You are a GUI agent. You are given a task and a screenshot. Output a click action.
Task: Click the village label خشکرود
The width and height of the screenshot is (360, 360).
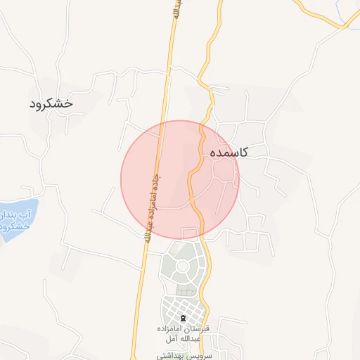point(51,103)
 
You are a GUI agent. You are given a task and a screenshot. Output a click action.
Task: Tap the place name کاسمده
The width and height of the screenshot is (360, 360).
point(227,152)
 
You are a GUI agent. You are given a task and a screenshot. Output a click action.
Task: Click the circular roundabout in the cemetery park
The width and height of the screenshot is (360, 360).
point(184,266)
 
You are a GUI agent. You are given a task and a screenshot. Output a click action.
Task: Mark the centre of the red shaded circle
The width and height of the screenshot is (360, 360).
point(180,179)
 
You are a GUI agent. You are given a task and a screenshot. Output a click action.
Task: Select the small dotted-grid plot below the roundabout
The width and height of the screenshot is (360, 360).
point(185,290)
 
